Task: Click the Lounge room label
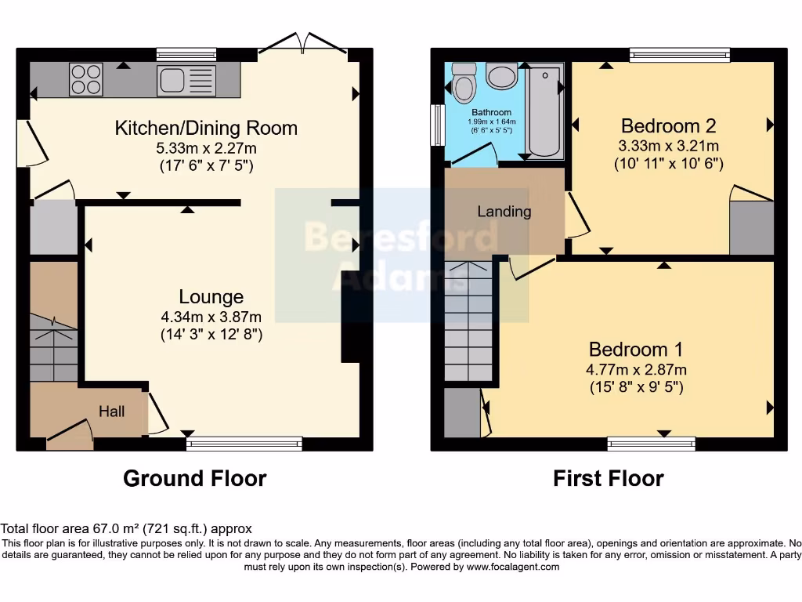(211, 297)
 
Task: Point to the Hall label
(111, 411)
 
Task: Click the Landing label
(504, 212)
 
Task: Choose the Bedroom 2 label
(668, 125)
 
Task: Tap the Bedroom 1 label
(636, 349)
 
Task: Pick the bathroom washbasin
(501, 77)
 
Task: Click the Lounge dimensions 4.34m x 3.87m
(211, 317)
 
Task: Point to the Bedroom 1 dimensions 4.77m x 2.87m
(636, 369)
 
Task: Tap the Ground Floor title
(194, 478)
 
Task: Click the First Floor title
(608, 478)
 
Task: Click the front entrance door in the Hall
(69, 435)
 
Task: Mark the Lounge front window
(244, 444)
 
